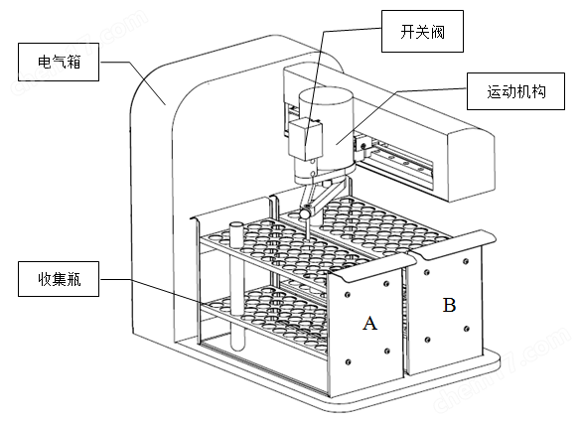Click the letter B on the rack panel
449,305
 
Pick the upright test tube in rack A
236,283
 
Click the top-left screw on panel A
347,293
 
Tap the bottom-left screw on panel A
348,362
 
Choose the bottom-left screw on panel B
426,340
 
